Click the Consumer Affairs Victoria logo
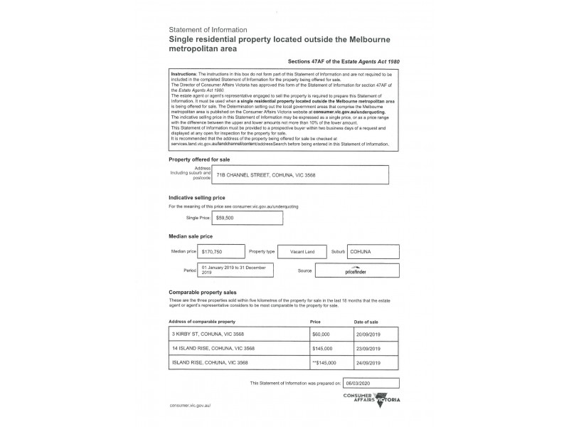[x=372, y=399]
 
